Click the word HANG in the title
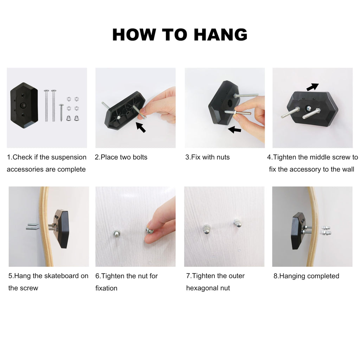(x=221, y=35)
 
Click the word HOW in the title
(x=134, y=35)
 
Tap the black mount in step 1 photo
(x=24, y=105)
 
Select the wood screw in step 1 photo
(x=61, y=112)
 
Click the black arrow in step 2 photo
(x=141, y=127)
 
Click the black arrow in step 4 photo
(x=313, y=87)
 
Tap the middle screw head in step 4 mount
(x=308, y=108)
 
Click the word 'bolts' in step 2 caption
(x=140, y=157)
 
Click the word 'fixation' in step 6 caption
(x=106, y=288)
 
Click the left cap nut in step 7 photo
(x=207, y=229)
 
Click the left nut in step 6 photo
(x=117, y=234)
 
